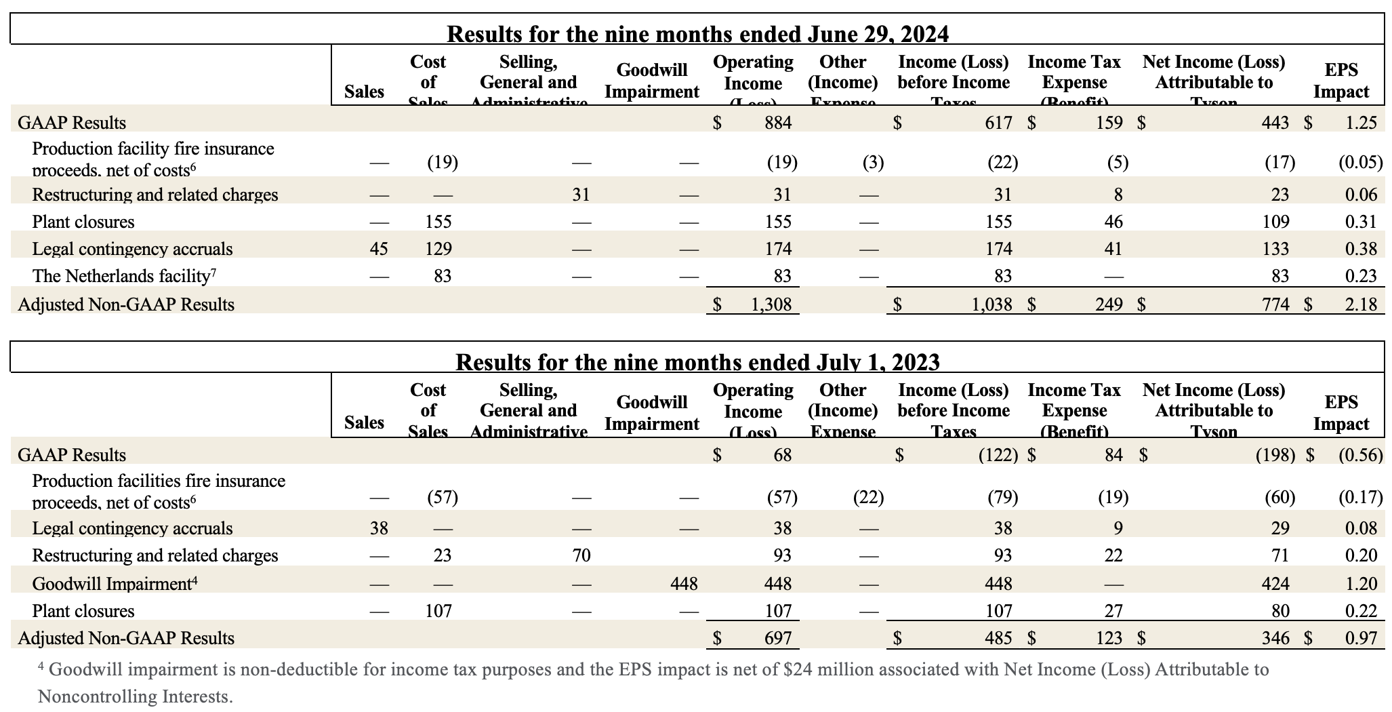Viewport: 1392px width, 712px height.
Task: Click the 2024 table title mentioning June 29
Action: click(x=697, y=33)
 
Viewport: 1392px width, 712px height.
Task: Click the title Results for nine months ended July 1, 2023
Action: click(x=697, y=361)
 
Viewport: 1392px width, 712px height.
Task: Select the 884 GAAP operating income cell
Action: click(x=778, y=123)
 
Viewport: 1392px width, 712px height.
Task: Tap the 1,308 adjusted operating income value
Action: click(x=771, y=304)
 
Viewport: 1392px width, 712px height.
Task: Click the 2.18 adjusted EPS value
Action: click(x=1361, y=304)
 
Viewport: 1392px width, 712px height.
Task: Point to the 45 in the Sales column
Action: click(x=378, y=249)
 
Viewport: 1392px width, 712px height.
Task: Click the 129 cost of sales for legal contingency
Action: click(x=438, y=249)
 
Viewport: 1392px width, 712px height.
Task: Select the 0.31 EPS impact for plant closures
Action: click(x=1361, y=222)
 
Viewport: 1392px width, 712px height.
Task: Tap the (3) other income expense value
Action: click(x=873, y=162)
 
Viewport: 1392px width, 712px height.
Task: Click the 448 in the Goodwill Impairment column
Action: click(x=683, y=584)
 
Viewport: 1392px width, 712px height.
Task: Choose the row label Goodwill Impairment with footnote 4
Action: click(x=115, y=584)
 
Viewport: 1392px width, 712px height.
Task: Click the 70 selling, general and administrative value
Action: click(x=581, y=556)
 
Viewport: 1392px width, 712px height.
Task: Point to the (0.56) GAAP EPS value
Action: click(x=1360, y=455)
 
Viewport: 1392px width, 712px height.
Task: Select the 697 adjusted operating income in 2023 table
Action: click(x=777, y=638)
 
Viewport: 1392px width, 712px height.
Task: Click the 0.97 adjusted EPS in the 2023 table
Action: click(x=1361, y=638)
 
